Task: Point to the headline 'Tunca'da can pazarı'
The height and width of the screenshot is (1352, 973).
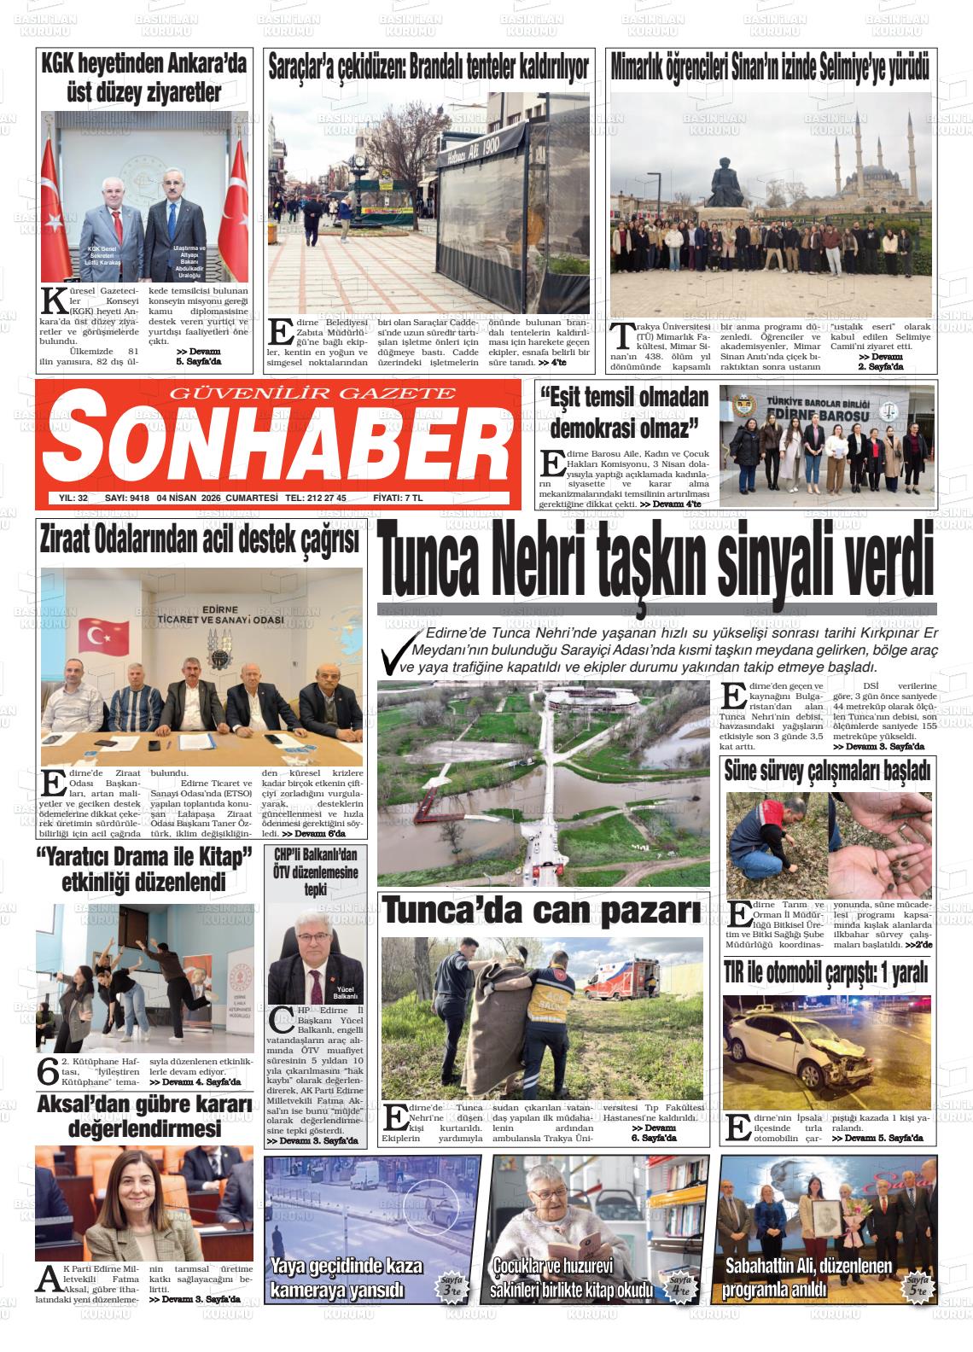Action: click(542, 912)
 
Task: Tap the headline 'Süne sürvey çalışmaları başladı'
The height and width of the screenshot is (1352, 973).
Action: click(826, 772)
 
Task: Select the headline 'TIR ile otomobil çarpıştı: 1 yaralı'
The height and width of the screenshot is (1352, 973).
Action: click(825, 971)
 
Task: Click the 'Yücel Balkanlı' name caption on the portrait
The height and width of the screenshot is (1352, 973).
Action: click(346, 994)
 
